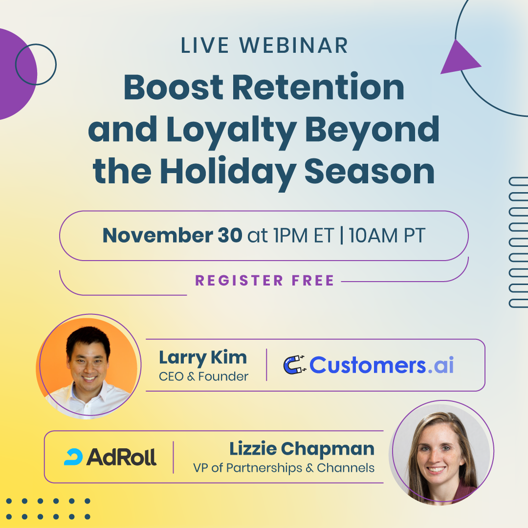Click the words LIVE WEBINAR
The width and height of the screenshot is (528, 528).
coord(264,45)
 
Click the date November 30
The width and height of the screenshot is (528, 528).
coord(172,236)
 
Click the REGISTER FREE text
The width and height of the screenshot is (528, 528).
coord(264,281)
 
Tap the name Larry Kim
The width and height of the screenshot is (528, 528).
coord(203,357)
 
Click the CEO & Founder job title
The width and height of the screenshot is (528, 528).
coord(203,376)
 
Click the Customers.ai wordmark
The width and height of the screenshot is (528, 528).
coord(381,365)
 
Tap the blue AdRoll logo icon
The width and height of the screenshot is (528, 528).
coord(73,457)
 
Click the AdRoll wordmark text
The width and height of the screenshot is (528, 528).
coord(121,457)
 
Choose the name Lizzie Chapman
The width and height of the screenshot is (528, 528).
coord(302,448)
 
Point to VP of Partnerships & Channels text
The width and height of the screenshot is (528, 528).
coord(284,468)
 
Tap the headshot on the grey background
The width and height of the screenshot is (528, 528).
coord(441,452)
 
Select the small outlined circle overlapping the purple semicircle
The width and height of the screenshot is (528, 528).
coord(36,64)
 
